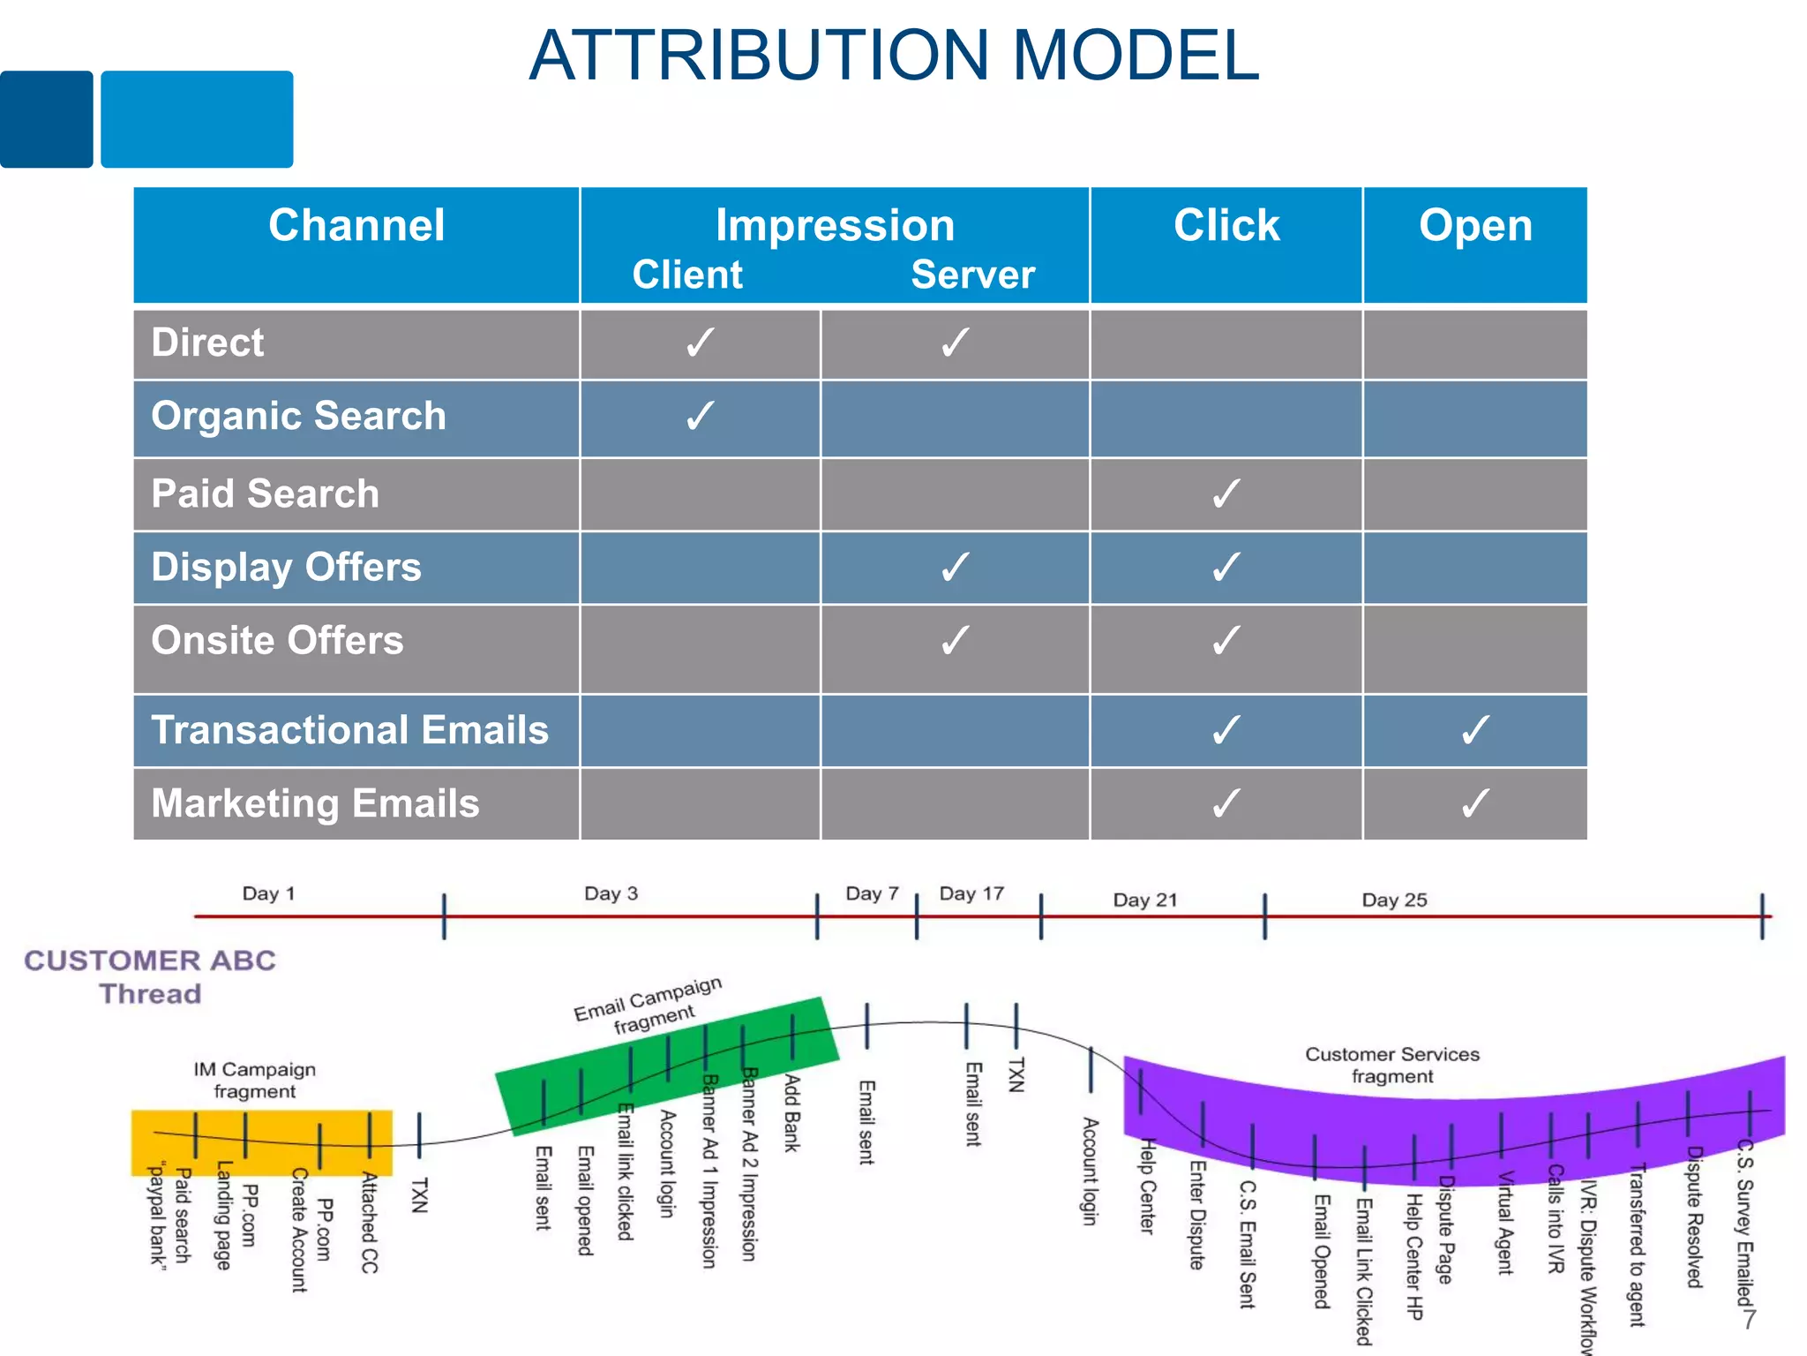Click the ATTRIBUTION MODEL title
pyautogui.click(x=893, y=56)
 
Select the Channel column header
pyautogui.click(x=356, y=225)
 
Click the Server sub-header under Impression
pyautogui.click(x=972, y=275)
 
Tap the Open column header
pyautogui.click(x=1475, y=225)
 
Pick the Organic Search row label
pyautogui.click(x=298, y=416)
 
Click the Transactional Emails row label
pyautogui.click(x=349, y=730)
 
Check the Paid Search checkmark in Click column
pyautogui.click(x=1226, y=493)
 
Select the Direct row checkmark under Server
pyautogui.click(x=955, y=343)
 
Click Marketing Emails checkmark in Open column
pyautogui.click(x=1475, y=803)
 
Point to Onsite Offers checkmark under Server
pyautogui.click(x=955, y=641)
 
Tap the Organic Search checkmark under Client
pyautogui.click(x=700, y=416)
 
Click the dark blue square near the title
pyautogui.click(x=46, y=119)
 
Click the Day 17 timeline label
pyautogui.click(x=971, y=893)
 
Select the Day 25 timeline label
pyautogui.click(x=1394, y=900)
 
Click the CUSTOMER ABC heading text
pyautogui.click(x=150, y=960)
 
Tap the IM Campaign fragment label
pyautogui.click(x=254, y=1080)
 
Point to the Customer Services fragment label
pyautogui.click(x=1391, y=1065)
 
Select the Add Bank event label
pyautogui.click(x=792, y=1112)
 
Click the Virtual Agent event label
pyautogui.click(x=1505, y=1223)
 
